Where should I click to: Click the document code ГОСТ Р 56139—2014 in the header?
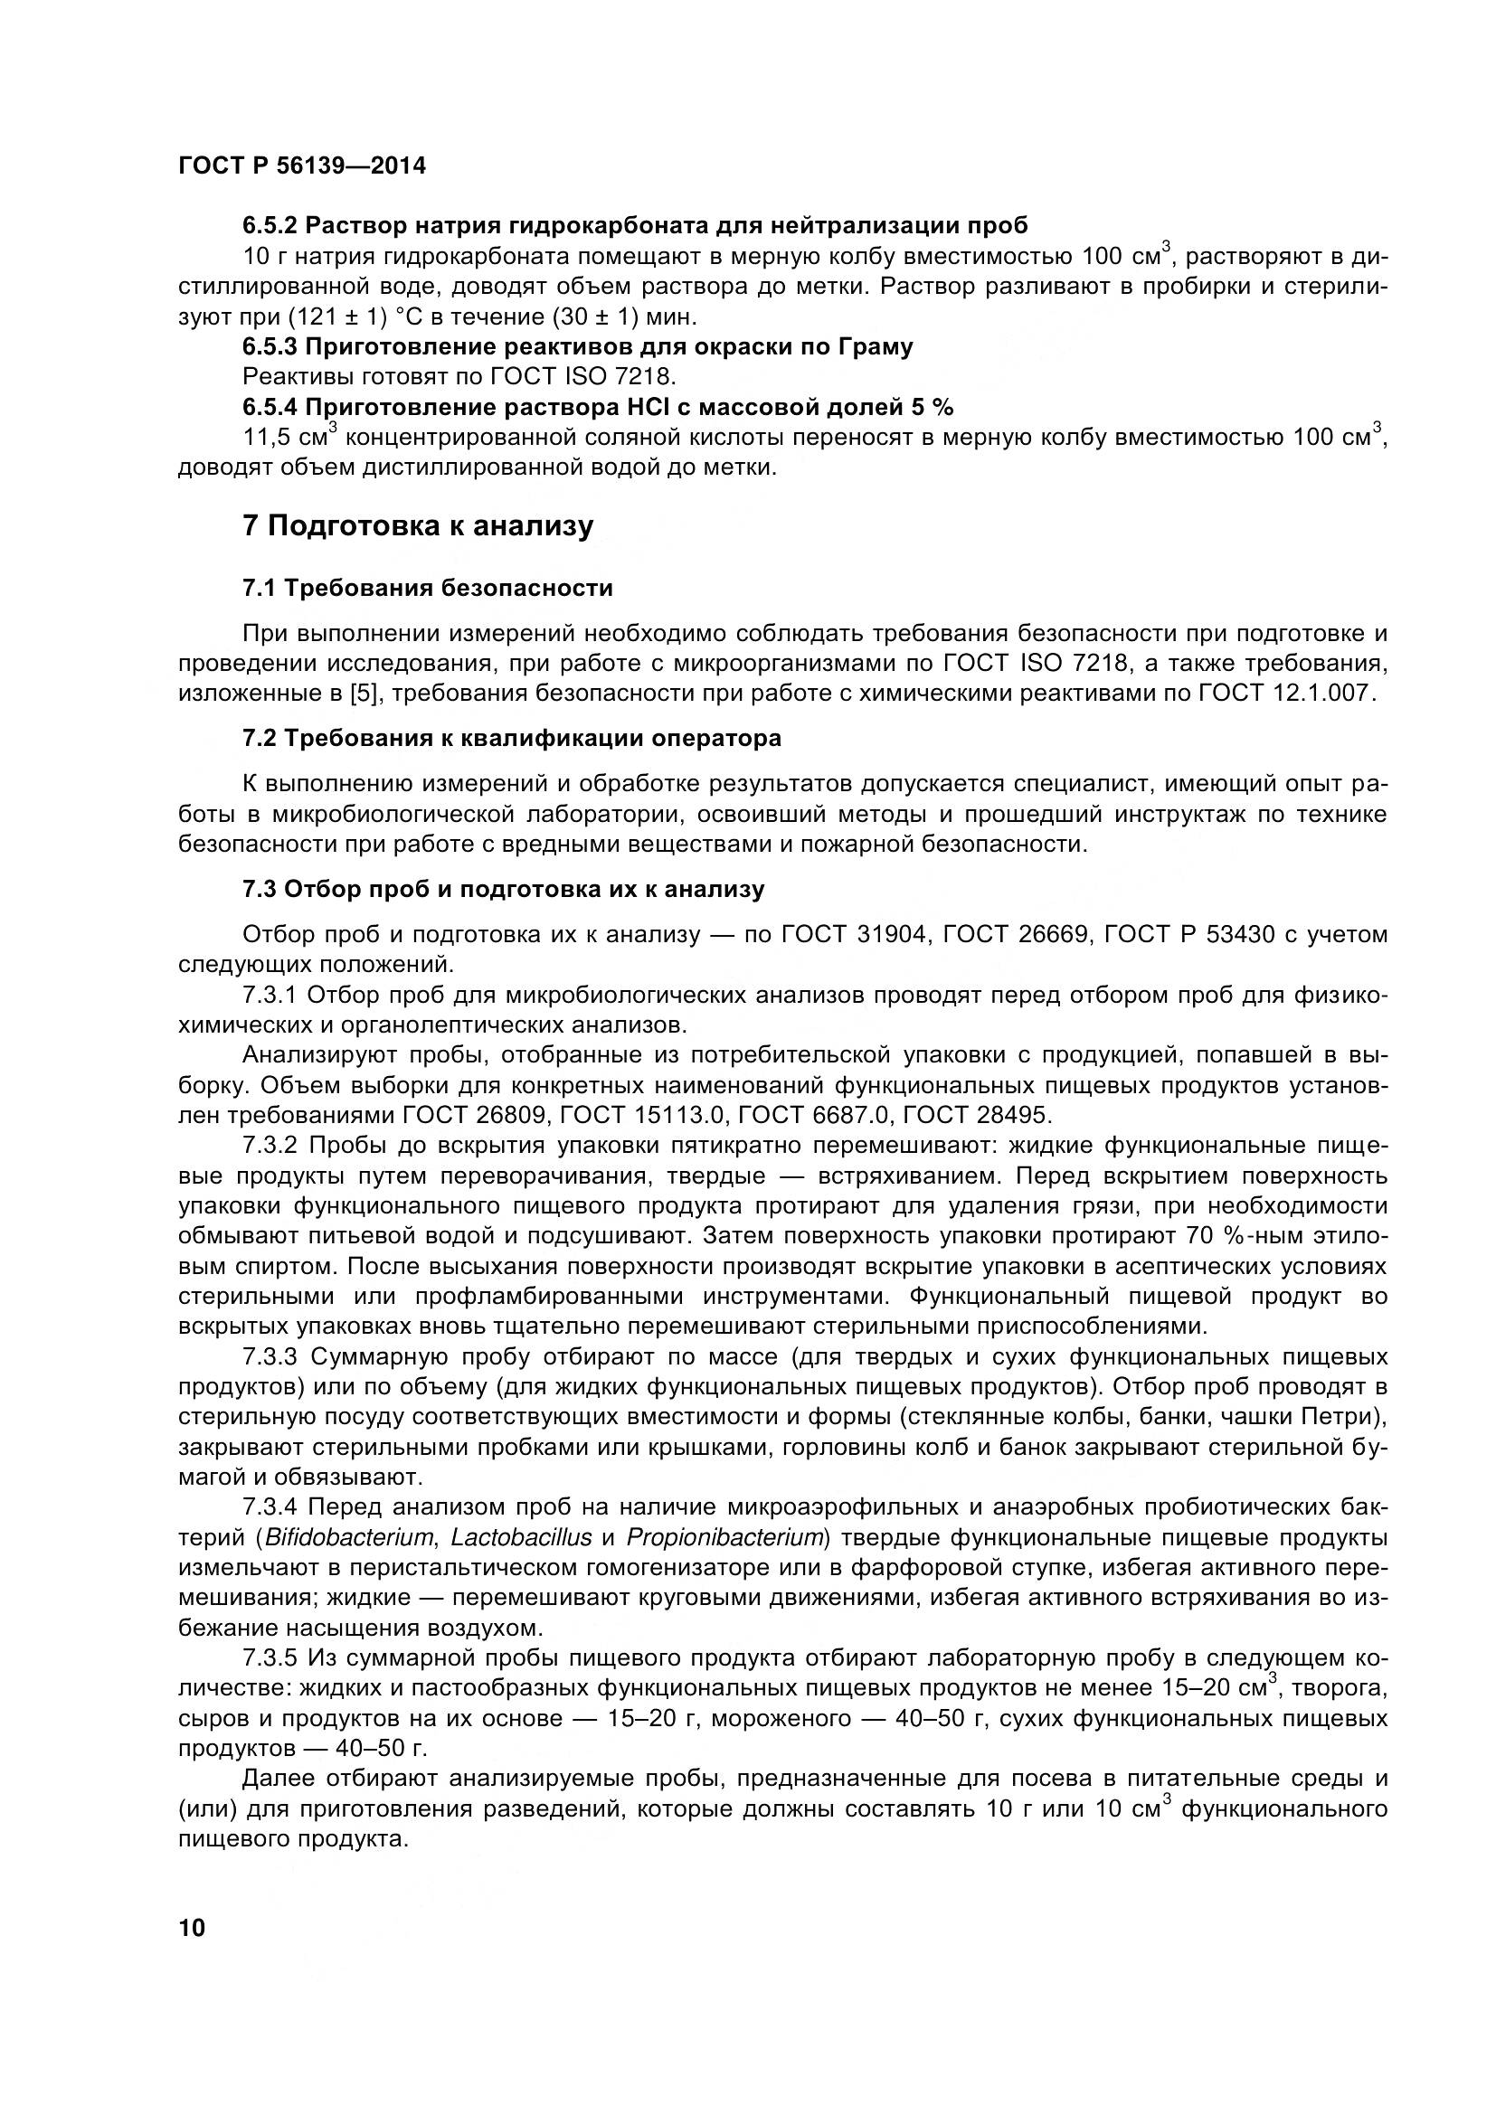tap(301, 166)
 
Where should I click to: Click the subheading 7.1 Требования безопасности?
tap(428, 588)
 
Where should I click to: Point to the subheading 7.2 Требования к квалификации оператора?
tap(511, 738)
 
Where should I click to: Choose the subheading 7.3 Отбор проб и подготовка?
tap(503, 889)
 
